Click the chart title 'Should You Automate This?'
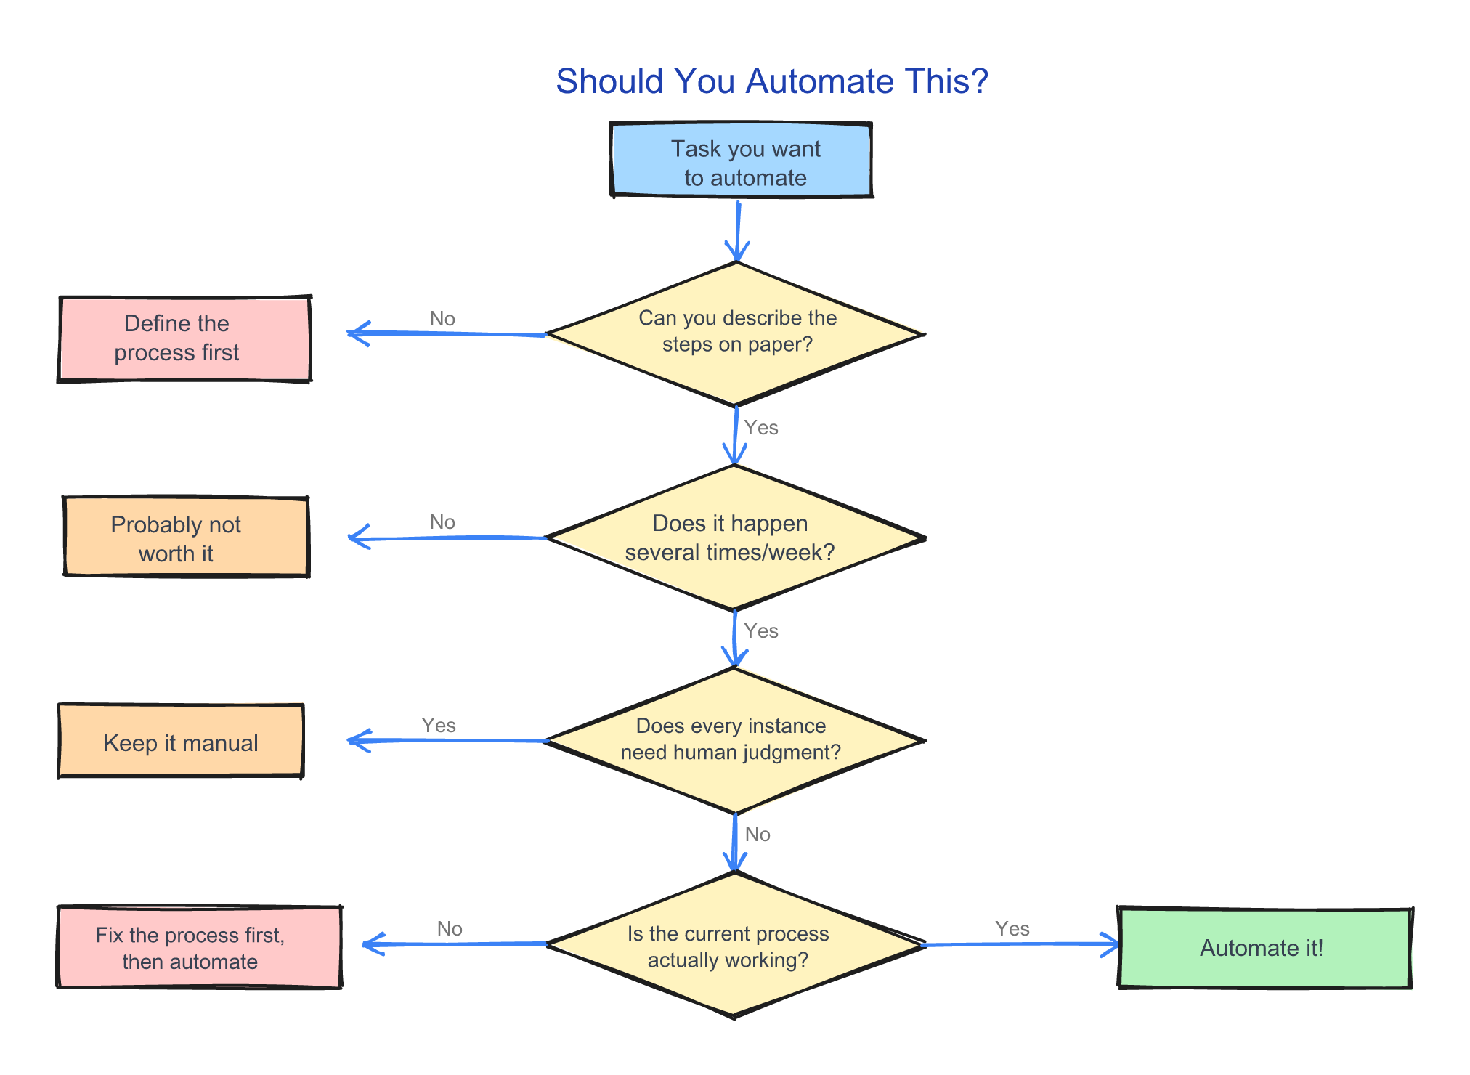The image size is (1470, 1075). coord(771,81)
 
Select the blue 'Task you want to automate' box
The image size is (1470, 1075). coord(741,161)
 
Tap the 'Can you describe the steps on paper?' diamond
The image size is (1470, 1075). coord(735,333)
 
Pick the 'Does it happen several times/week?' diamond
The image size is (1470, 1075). coord(734,537)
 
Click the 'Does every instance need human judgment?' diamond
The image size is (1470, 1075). coord(734,740)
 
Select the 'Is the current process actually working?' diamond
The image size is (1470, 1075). coord(734,944)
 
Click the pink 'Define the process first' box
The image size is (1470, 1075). coord(184,338)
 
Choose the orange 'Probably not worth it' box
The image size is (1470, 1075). coord(186,537)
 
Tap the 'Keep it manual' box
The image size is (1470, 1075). coord(181,741)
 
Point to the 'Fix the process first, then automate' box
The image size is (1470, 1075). coord(199,947)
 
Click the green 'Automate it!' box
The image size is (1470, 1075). coord(1264,948)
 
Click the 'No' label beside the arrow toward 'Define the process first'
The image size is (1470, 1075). coord(442,318)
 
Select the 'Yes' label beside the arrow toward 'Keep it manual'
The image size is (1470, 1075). coord(439,725)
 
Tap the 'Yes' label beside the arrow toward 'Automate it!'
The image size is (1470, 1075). coord(1012,928)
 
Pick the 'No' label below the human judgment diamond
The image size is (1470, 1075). coord(758,834)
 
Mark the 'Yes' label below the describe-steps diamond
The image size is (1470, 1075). coord(761,427)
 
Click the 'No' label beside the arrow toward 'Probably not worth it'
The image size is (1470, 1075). coord(442,522)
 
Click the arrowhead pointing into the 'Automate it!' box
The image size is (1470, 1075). coord(1111,944)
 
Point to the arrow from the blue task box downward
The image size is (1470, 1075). coord(738,231)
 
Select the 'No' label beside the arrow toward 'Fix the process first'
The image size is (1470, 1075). coord(450,928)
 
